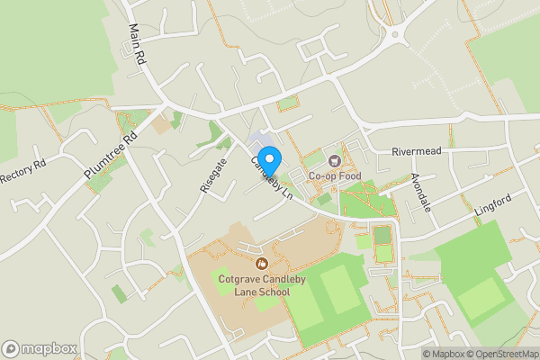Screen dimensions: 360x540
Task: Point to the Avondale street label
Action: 421,192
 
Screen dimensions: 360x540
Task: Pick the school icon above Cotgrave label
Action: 262,264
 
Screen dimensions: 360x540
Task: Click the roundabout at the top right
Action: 393,37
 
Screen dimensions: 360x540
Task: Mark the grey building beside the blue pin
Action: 259,142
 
